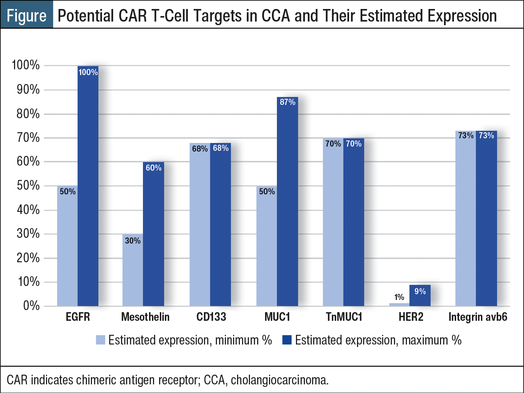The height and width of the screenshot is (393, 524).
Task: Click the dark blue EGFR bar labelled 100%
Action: pos(88,187)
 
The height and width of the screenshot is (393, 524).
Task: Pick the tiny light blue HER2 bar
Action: pos(399,305)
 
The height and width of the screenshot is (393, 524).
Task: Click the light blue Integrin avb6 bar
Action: pos(465,219)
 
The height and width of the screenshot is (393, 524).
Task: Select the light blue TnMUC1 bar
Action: pos(333,223)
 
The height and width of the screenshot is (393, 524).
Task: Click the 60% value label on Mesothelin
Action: pos(153,168)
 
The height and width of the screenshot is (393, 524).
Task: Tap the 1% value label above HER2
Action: pos(399,297)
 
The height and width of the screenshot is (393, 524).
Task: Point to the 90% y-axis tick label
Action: pos(28,90)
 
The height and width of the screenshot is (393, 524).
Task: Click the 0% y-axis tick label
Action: pos(31,306)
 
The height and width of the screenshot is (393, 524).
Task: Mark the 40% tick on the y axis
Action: pos(28,210)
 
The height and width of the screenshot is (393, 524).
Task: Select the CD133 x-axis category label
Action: pos(211,317)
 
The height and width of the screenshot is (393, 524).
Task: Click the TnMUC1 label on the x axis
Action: pos(344,317)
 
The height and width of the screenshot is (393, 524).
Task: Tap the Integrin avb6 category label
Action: pos(478,317)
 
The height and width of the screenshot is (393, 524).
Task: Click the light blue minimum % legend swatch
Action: pos(101,340)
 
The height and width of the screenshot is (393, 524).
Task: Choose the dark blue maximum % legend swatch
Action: pos(287,340)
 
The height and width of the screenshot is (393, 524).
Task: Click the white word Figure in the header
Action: pos(27,16)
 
